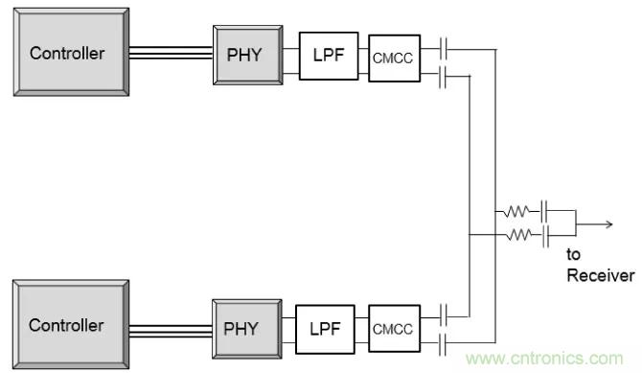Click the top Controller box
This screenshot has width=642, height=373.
[71, 52]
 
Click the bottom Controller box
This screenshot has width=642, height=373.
[71, 324]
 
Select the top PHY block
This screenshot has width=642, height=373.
[248, 55]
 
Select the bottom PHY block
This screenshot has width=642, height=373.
[247, 329]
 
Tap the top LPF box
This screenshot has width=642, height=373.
[329, 56]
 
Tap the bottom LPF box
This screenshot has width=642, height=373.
[325, 329]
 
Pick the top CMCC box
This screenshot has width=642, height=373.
[394, 58]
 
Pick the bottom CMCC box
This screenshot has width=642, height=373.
[394, 328]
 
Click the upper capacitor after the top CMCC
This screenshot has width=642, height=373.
[443, 49]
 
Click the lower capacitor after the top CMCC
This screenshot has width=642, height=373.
[442, 76]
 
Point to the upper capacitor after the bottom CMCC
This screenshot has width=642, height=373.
[443, 315]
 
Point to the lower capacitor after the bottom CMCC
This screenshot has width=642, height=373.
[442, 343]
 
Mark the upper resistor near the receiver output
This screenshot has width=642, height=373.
[516, 211]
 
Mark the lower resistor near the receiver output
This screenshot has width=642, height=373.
[519, 235]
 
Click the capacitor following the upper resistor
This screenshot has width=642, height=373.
[544, 211]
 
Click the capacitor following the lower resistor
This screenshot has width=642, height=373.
[546, 235]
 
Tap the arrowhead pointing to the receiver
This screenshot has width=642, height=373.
[609, 224]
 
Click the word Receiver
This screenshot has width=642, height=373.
[601, 275]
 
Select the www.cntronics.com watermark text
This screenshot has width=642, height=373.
[544, 359]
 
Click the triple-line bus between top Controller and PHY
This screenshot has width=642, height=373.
[172, 54]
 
